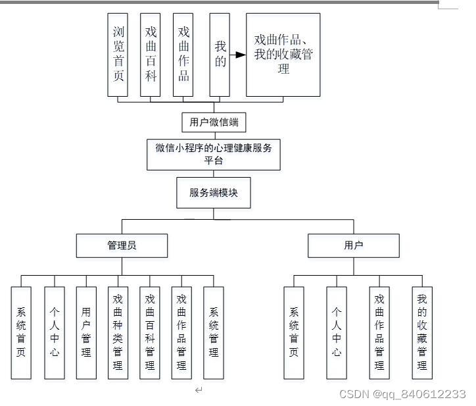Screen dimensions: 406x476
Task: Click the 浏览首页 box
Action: [x=118, y=54]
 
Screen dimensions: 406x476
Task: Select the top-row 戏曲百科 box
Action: [x=151, y=54]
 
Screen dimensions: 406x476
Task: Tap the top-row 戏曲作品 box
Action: [x=183, y=54]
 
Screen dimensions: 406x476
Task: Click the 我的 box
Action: [x=220, y=54]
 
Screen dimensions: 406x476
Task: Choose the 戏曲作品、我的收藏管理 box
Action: [x=283, y=54]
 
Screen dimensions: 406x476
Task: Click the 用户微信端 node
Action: [x=213, y=122]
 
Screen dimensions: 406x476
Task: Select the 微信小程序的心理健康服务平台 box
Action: [x=213, y=154]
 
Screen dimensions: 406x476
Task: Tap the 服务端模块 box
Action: [x=213, y=193]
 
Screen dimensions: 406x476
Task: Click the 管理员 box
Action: [x=122, y=245]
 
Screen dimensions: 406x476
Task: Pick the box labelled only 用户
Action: [x=353, y=245]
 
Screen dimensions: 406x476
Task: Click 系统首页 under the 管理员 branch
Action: [x=21, y=332]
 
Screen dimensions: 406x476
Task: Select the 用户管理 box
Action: [x=85, y=332]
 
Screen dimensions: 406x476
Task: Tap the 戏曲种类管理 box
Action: [x=118, y=332]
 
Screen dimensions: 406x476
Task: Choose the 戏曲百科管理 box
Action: [x=150, y=332]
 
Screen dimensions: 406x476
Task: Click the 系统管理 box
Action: [x=214, y=332]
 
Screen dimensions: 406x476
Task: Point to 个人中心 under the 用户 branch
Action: [x=337, y=332]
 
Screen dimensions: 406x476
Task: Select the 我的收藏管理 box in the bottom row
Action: [x=422, y=332]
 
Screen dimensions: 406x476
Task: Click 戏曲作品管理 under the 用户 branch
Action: [x=379, y=332]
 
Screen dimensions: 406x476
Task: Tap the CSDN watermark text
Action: [x=402, y=393]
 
